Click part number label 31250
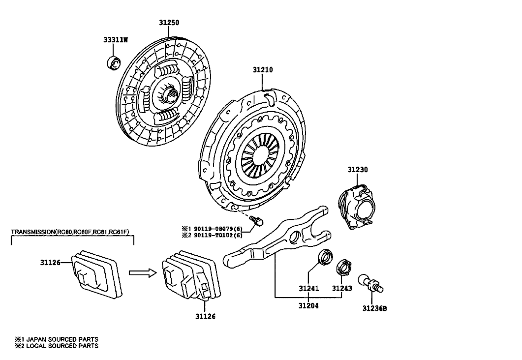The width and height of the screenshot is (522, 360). tap(169, 23)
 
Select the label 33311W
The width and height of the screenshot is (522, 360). tap(116, 40)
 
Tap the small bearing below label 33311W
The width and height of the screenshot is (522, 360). tap(114, 63)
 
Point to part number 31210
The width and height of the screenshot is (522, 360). tap(263, 70)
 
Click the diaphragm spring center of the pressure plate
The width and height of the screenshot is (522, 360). tap(260, 156)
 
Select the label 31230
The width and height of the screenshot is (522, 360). tap(358, 170)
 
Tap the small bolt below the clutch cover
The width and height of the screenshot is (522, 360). tap(257, 220)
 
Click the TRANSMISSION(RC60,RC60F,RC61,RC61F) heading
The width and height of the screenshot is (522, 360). tap(70, 232)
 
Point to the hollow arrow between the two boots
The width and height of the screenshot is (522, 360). tap(143, 273)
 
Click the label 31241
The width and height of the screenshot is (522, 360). tap(308, 289)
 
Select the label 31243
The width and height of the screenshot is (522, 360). tap(342, 289)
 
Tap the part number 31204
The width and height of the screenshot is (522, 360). tap(308, 306)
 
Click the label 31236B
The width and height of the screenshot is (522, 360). tap(375, 308)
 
